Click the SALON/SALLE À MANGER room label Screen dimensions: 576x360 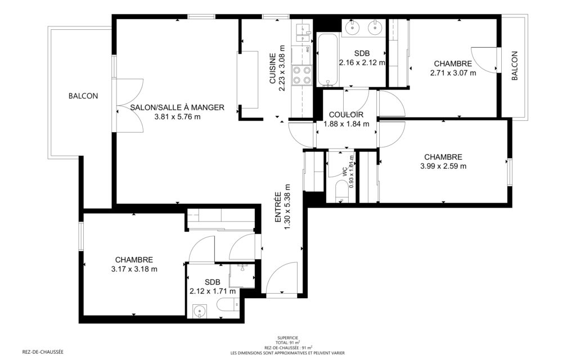coord(177,107)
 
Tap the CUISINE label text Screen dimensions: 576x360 coord(273,68)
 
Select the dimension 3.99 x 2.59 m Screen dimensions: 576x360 coord(443,166)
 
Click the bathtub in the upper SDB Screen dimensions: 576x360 coord(327,60)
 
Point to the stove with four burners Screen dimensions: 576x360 coord(301,75)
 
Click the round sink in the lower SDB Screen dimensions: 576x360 coord(199,311)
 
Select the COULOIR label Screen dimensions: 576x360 coord(346,115)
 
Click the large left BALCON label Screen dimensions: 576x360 coord(83,96)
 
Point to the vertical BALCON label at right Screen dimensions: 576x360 coord(514,66)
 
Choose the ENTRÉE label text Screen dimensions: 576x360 coord(278,207)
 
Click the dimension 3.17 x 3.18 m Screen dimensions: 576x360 coord(134,269)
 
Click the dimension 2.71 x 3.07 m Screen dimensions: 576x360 coord(453,73)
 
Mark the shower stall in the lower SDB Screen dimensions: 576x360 coord(242,276)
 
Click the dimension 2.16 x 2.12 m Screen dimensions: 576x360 coord(362,63)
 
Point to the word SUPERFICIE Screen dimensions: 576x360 coord(287,337)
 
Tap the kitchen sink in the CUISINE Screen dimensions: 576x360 coord(301,32)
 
